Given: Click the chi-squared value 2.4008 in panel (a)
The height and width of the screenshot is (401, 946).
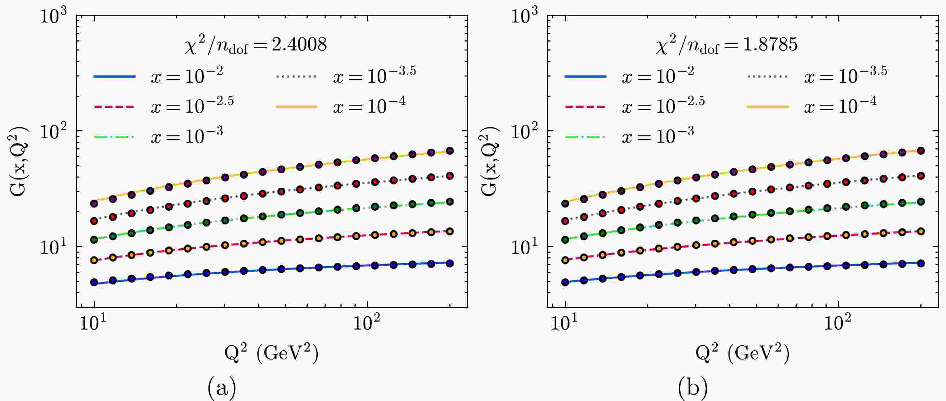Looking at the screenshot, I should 299,45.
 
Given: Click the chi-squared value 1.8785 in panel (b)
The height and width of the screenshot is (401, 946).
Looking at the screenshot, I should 771,45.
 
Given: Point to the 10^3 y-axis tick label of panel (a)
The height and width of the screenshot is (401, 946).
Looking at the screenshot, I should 54,17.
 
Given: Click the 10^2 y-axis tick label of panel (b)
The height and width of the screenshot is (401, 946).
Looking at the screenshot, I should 525,132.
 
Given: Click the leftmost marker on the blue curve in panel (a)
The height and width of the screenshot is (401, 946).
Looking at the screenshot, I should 94,283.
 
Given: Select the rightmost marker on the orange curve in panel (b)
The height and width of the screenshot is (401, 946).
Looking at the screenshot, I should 921,151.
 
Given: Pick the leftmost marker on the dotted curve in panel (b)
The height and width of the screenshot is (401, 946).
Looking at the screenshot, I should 566,221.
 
